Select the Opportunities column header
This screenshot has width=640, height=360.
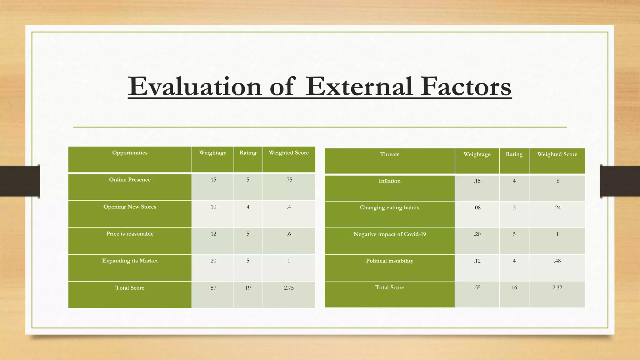click(130, 153)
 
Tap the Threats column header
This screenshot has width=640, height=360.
click(389, 154)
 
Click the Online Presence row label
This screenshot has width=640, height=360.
click(130, 180)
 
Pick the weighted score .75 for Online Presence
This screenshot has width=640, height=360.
click(289, 180)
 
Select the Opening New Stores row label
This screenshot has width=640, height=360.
click(130, 207)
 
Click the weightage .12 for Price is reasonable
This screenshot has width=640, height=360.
click(213, 234)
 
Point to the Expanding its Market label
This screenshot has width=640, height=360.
click(130, 261)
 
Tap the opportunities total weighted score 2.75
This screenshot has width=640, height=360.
click(289, 288)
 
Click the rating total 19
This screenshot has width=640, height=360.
click(248, 288)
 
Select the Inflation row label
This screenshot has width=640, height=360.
click(389, 181)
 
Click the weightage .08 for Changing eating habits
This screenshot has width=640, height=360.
click(477, 207)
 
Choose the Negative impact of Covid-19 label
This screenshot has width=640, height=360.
click(389, 234)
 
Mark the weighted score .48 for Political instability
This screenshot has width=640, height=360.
click(557, 261)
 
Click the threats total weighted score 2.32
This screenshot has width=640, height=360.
click(557, 287)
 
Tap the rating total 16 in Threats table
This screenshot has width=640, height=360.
click(514, 287)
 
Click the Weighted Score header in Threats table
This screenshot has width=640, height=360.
click(557, 154)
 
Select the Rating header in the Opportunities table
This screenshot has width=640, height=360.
click(248, 153)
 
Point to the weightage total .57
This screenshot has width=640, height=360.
click(213, 288)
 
